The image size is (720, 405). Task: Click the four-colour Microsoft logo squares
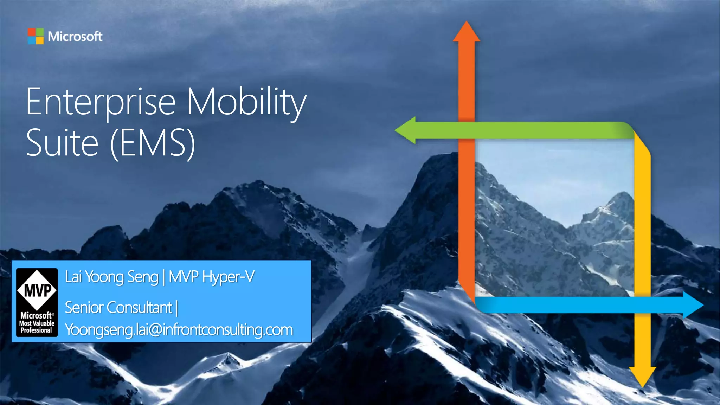pos(36,36)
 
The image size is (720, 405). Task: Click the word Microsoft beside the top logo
pos(75,37)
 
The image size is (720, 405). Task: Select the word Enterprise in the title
pos(101,102)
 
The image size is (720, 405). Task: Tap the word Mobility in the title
pos(246,102)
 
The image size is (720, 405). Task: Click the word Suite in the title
pos(62,143)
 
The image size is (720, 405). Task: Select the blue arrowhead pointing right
pos(692,305)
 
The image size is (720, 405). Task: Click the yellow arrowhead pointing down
pos(642,376)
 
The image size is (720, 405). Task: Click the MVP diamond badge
pos(37,290)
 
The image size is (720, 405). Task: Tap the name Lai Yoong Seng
pos(111,277)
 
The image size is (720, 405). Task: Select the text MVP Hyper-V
pos(212,277)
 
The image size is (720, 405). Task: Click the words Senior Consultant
pos(118,308)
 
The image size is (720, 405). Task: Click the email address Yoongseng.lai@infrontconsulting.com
pos(179,330)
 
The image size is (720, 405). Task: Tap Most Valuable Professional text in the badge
pos(37,327)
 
